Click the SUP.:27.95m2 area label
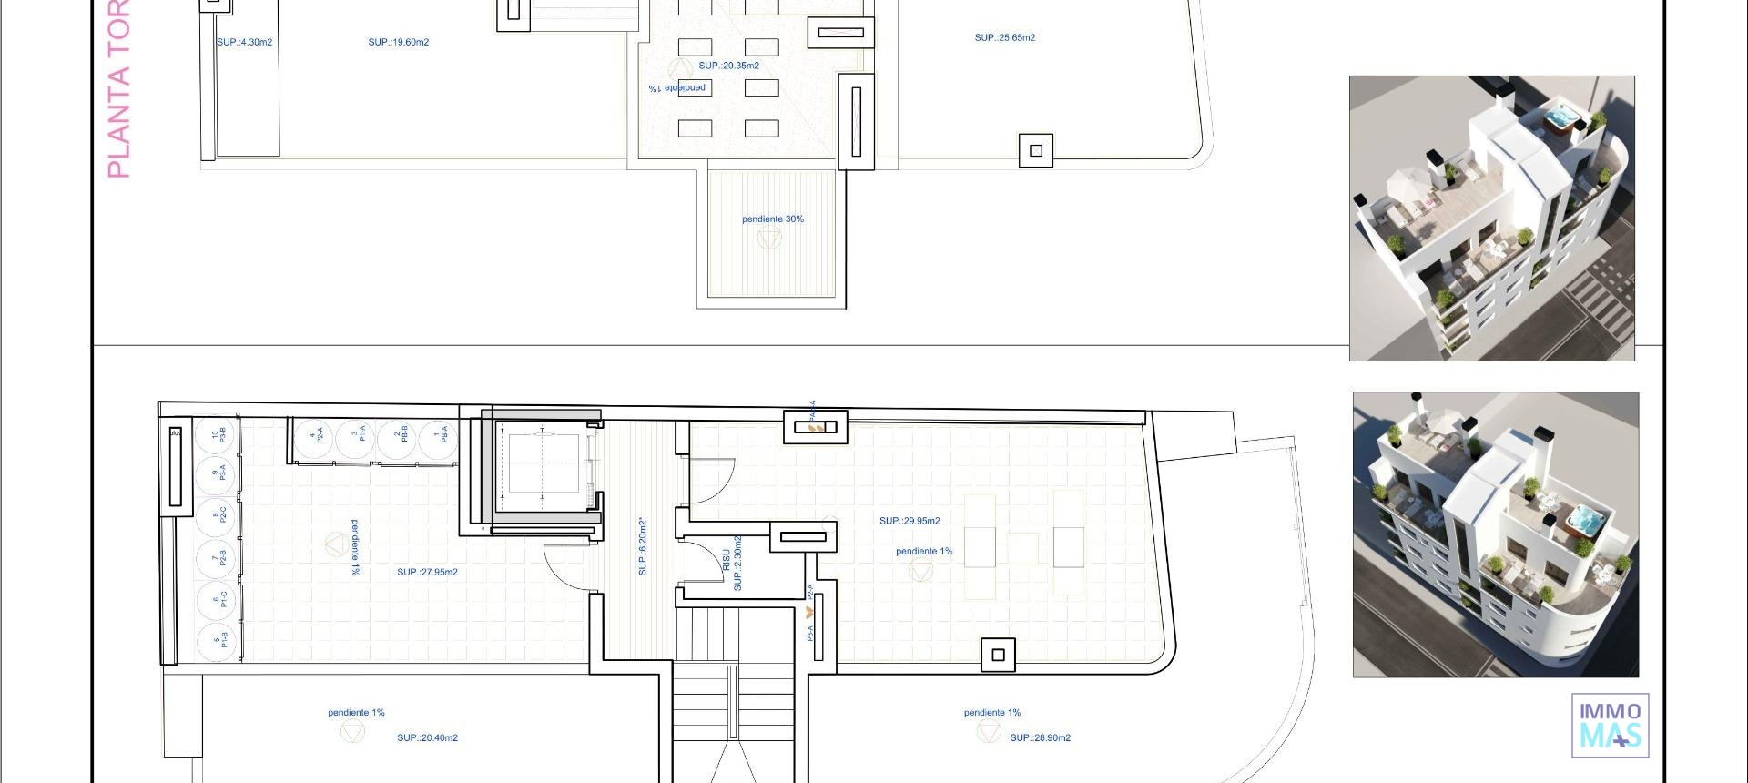427,573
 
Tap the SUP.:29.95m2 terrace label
910,521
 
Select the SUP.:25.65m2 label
1004,38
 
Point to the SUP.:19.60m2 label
398,43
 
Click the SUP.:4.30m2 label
244,43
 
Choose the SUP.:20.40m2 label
427,738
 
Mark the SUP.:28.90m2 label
1040,738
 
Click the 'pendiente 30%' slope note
772,219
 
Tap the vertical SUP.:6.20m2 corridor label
643,546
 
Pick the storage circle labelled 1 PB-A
441,436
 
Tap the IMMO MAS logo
1610,725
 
